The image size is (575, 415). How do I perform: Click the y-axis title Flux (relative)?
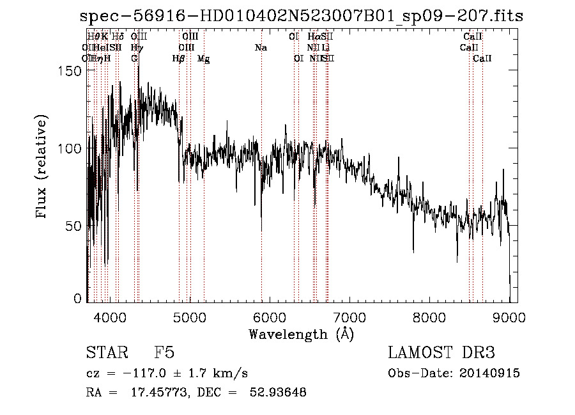[43, 168]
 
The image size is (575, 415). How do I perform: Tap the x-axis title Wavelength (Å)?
[301, 334]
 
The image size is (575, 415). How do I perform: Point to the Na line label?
[261, 48]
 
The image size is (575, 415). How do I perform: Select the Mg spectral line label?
[204, 59]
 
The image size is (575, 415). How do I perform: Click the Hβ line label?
[179, 59]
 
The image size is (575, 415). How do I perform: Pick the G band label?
[134, 59]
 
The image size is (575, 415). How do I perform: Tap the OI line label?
[298, 59]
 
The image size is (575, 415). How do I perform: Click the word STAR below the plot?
[102, 353]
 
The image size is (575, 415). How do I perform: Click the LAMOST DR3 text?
[441, 353]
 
